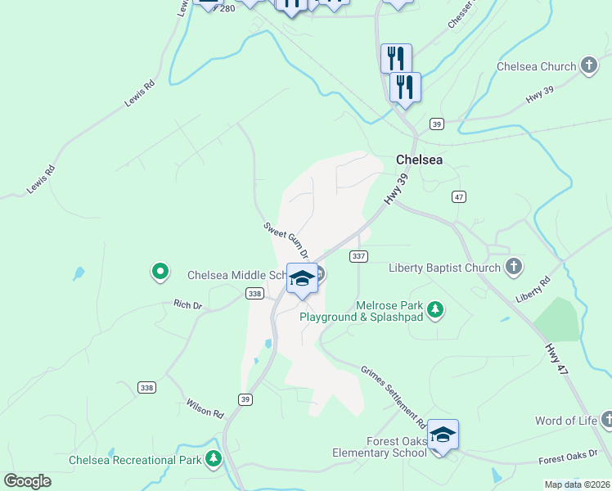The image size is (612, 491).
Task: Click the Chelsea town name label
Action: click(419, 160)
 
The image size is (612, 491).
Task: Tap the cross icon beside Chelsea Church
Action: click(588, 65)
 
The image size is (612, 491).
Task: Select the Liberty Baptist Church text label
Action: click(444, 268)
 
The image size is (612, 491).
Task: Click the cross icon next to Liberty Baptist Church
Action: click(514, 266)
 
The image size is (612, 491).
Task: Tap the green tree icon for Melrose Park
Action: click(436, 309)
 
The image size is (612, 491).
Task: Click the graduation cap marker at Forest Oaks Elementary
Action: click(443, 435)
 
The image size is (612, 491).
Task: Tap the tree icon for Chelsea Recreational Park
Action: click(214, 458)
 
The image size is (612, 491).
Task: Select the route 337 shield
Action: click(358, 256)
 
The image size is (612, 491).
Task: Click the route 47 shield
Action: click(458, 196)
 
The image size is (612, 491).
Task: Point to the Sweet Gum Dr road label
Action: click(286, 239)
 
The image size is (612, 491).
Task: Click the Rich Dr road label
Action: click(187, 305)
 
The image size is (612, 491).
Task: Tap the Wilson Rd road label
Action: click(205, 408)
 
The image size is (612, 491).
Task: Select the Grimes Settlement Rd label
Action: click(394, 396)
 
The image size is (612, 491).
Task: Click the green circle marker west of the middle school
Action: click(160, 271)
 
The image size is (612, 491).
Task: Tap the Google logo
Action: click(27, 481)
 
